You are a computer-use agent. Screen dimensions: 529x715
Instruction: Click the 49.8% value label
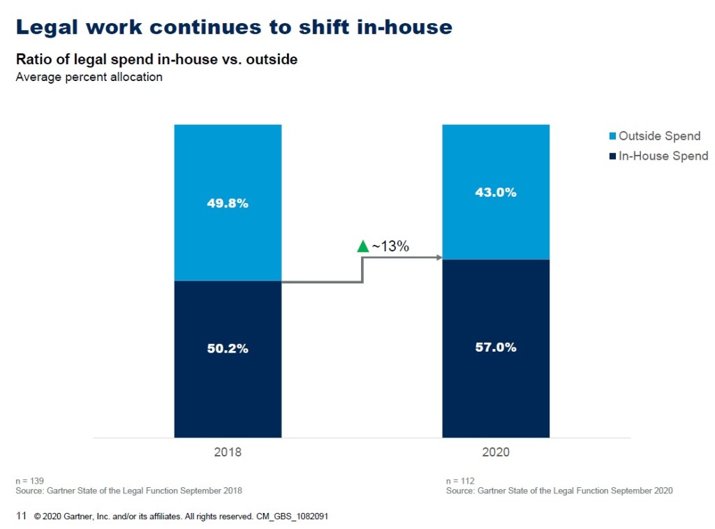228,204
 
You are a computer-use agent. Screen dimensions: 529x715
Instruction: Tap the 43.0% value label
496,193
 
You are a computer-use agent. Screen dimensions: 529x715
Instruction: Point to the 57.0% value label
496,347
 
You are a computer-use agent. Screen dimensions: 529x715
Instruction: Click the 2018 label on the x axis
228,452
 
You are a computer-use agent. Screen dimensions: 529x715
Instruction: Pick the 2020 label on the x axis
496,452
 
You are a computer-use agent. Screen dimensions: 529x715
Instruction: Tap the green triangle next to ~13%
362,246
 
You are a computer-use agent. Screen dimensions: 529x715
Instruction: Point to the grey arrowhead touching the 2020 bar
439,258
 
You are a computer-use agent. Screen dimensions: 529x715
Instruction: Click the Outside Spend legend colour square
612,136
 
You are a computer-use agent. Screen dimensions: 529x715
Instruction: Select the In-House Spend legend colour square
612,156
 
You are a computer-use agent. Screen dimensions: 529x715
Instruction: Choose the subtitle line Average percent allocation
89,77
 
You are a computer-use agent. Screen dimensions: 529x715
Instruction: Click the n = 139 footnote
29,481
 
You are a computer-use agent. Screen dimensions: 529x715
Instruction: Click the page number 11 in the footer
20,516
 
